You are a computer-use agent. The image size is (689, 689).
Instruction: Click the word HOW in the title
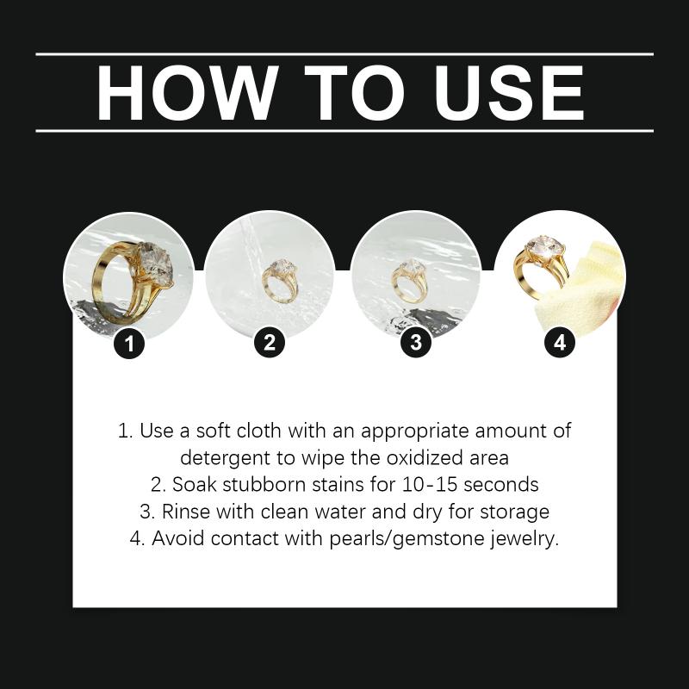pyautogui.click(x=188, y=93)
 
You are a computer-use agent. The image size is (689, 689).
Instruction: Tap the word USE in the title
pyautogui.click(x=509, y=93)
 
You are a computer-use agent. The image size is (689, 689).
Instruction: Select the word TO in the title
pyautogui.click(x=354, y=93)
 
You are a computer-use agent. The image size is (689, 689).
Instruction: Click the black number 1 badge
pyautogui.click(x=129, y=343)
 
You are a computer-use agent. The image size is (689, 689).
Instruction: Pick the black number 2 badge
pyautogui.click(x=270, y=342)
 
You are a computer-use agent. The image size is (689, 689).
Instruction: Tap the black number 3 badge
pyautogui.click(x=416, y=342)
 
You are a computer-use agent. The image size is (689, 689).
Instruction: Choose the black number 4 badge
pyautogui.click(x=560, y=342)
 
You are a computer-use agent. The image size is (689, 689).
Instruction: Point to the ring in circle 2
pyautogui.click(x=280, y=281)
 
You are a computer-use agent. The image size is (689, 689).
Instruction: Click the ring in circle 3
pyautogui.click(x=409, y=282)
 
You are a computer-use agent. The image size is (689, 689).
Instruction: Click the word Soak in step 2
pyautogui.click(x=195, y=485)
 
